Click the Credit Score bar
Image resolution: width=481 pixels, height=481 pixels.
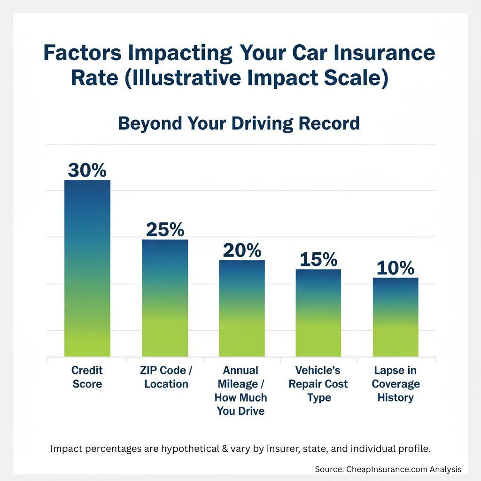pos(87,268)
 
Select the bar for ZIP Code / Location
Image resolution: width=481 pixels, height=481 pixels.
pos(165,298)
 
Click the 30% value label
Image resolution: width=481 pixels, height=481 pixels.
pos(87,170)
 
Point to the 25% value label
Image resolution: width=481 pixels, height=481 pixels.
pos(165,229)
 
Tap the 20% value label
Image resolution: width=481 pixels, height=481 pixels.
pos(242,250)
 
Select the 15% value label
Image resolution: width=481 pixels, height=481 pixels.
pos(318,259)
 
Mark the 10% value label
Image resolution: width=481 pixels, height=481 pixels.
pos(396,268)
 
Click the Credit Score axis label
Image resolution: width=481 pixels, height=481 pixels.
pos(87,377)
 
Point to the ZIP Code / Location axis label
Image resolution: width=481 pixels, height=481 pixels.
pos(166,377)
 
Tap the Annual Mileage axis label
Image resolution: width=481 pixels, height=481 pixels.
pos(240,391)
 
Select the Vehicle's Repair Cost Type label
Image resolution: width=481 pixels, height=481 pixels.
pos(318,384)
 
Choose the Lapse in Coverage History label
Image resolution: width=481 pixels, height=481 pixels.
pos(396,384)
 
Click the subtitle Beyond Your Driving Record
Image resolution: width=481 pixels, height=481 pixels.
pos(239,123)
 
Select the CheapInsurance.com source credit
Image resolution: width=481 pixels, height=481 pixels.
pos(388,469)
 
